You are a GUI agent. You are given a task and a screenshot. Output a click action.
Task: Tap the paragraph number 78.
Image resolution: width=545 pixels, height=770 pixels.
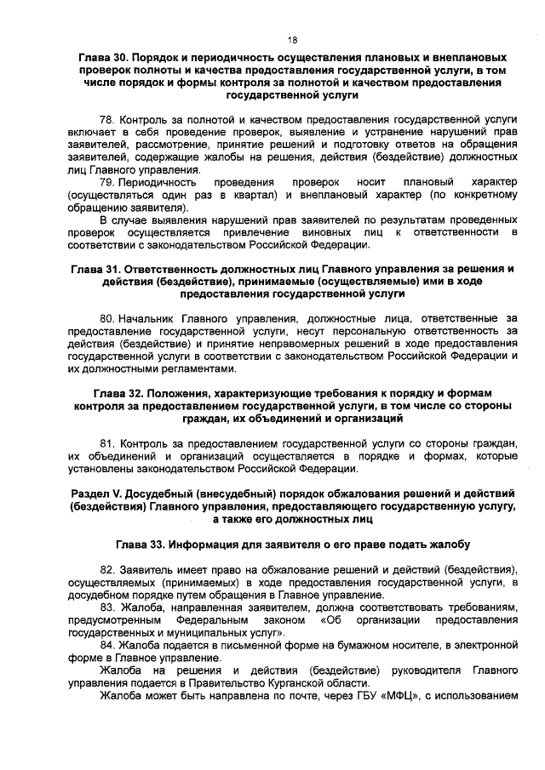point(106,121)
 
